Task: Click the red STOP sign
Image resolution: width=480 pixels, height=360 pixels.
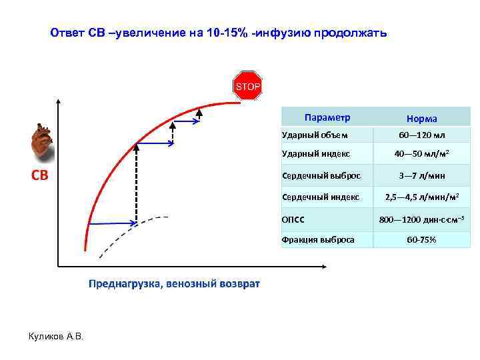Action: (x=246, y=86)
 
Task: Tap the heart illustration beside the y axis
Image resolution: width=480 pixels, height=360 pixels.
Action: (x=42, y=142)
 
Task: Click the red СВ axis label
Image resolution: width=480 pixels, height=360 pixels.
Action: (x=41, y=175)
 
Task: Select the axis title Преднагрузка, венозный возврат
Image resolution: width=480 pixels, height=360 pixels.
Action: (x=175, y=284)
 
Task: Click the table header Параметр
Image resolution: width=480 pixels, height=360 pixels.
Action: (x=327, y=117)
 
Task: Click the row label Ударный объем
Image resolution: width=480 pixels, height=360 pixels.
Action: (x=315, y=135)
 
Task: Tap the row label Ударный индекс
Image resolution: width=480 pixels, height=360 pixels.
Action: (x=316, y=155)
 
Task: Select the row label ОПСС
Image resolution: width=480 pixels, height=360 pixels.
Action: (x=293, y=218)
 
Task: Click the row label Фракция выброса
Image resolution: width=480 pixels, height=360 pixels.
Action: (x=318, y=239)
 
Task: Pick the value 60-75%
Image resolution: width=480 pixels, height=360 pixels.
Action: (x=422, y=239)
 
